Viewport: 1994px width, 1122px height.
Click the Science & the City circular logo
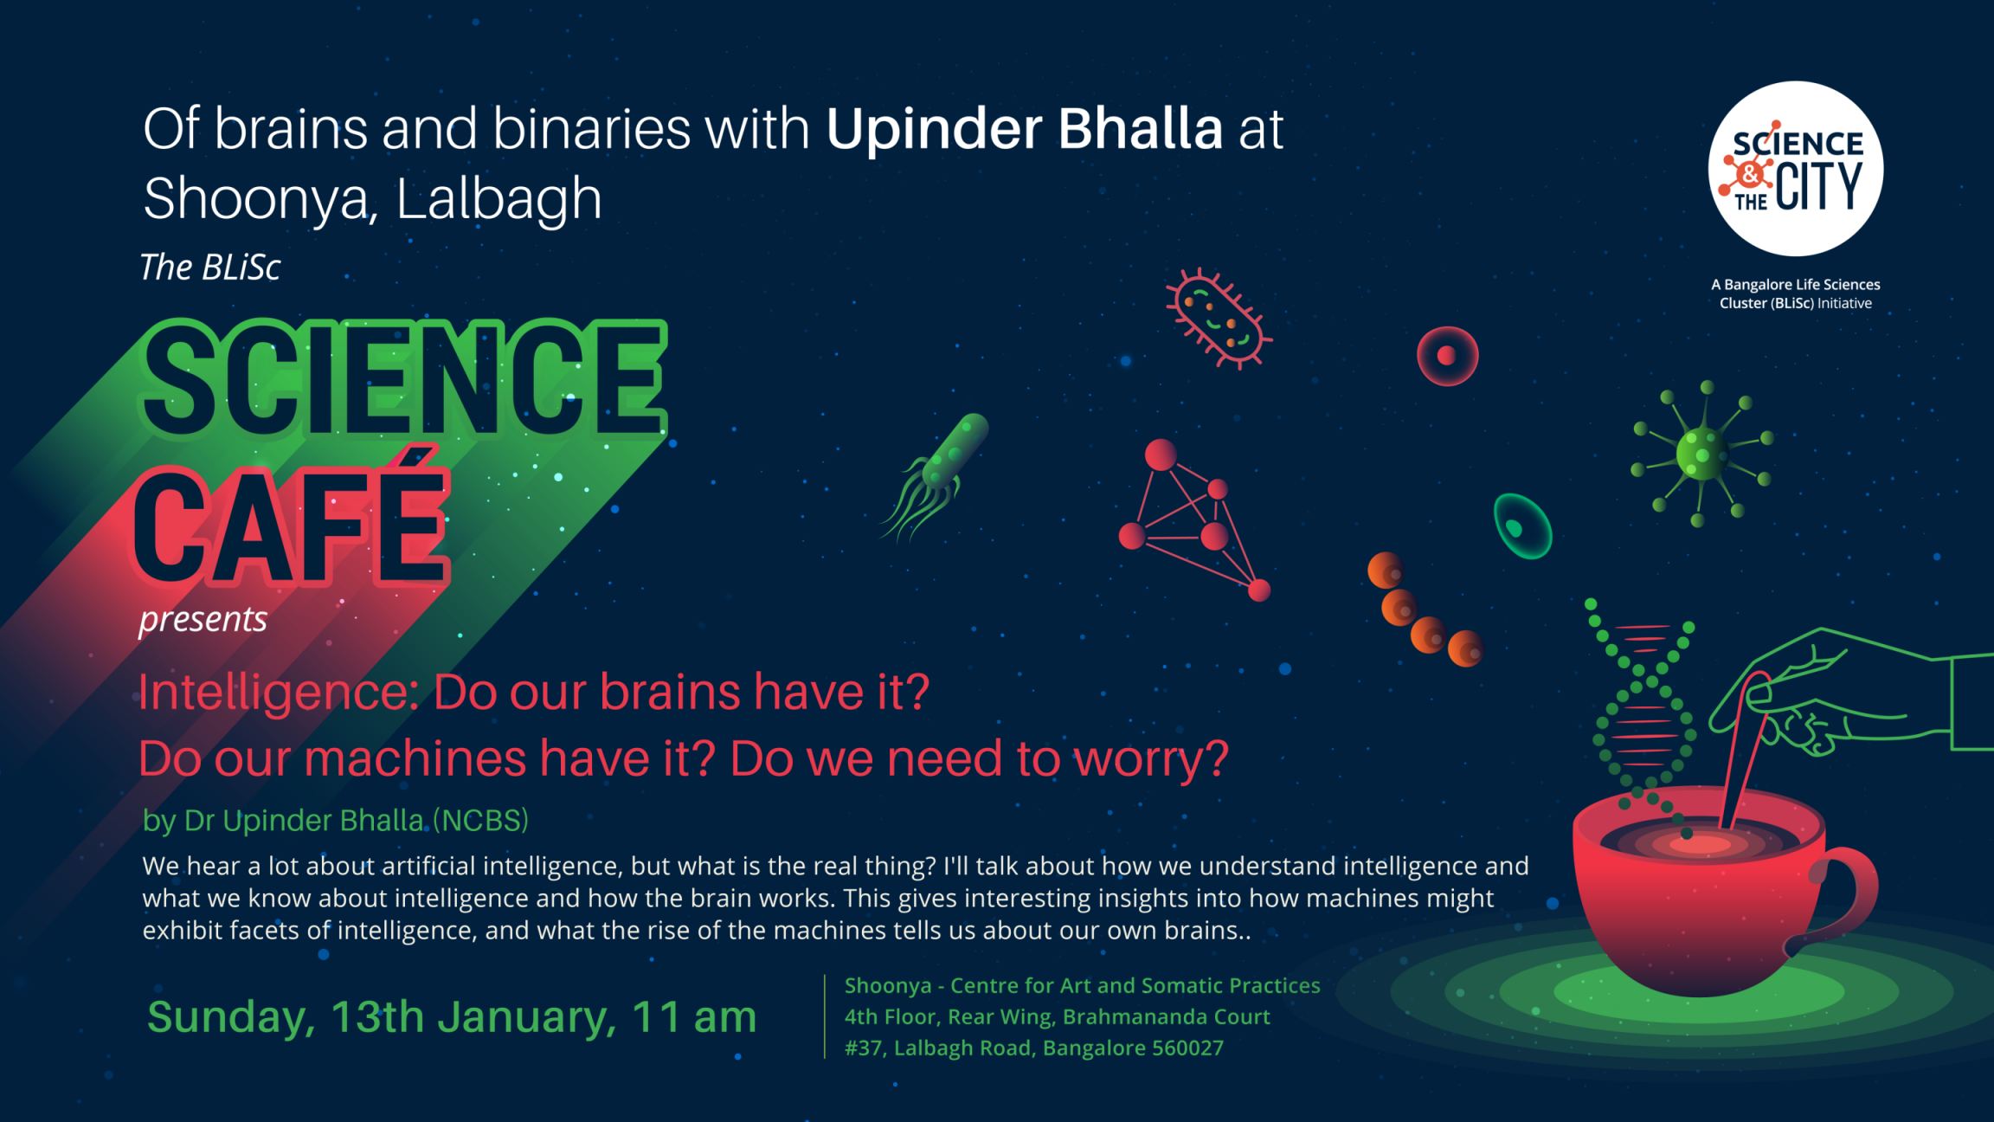[x=1795, y=169]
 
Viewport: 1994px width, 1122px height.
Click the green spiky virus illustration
[x=1702, y=454]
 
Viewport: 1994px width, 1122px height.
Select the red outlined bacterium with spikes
[x=1219, y=319]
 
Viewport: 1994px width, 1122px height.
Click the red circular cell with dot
[x=1447, y=356]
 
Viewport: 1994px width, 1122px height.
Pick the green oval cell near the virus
[x=1522, y=526]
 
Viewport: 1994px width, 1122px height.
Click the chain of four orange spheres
[x=1425, y=609]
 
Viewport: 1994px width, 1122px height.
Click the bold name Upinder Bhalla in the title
[x=1025, y=129]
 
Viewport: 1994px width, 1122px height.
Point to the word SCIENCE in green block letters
[x=403, y=379]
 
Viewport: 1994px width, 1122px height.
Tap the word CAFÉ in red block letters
[x=293, y=522]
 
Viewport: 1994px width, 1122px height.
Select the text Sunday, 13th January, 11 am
[x=452, y=1016]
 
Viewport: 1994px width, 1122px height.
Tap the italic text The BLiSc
[x=210, y=268]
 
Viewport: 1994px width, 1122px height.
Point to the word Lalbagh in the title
[x=498, y=198]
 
